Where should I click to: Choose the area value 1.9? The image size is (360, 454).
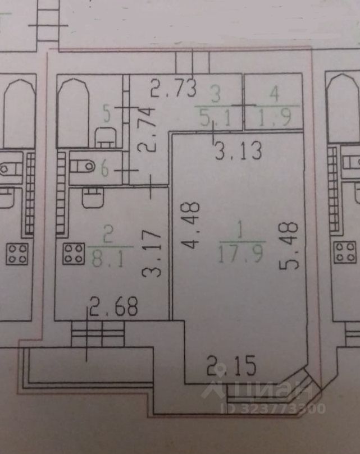(273, 117)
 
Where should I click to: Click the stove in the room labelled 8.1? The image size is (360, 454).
(74, 253)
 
